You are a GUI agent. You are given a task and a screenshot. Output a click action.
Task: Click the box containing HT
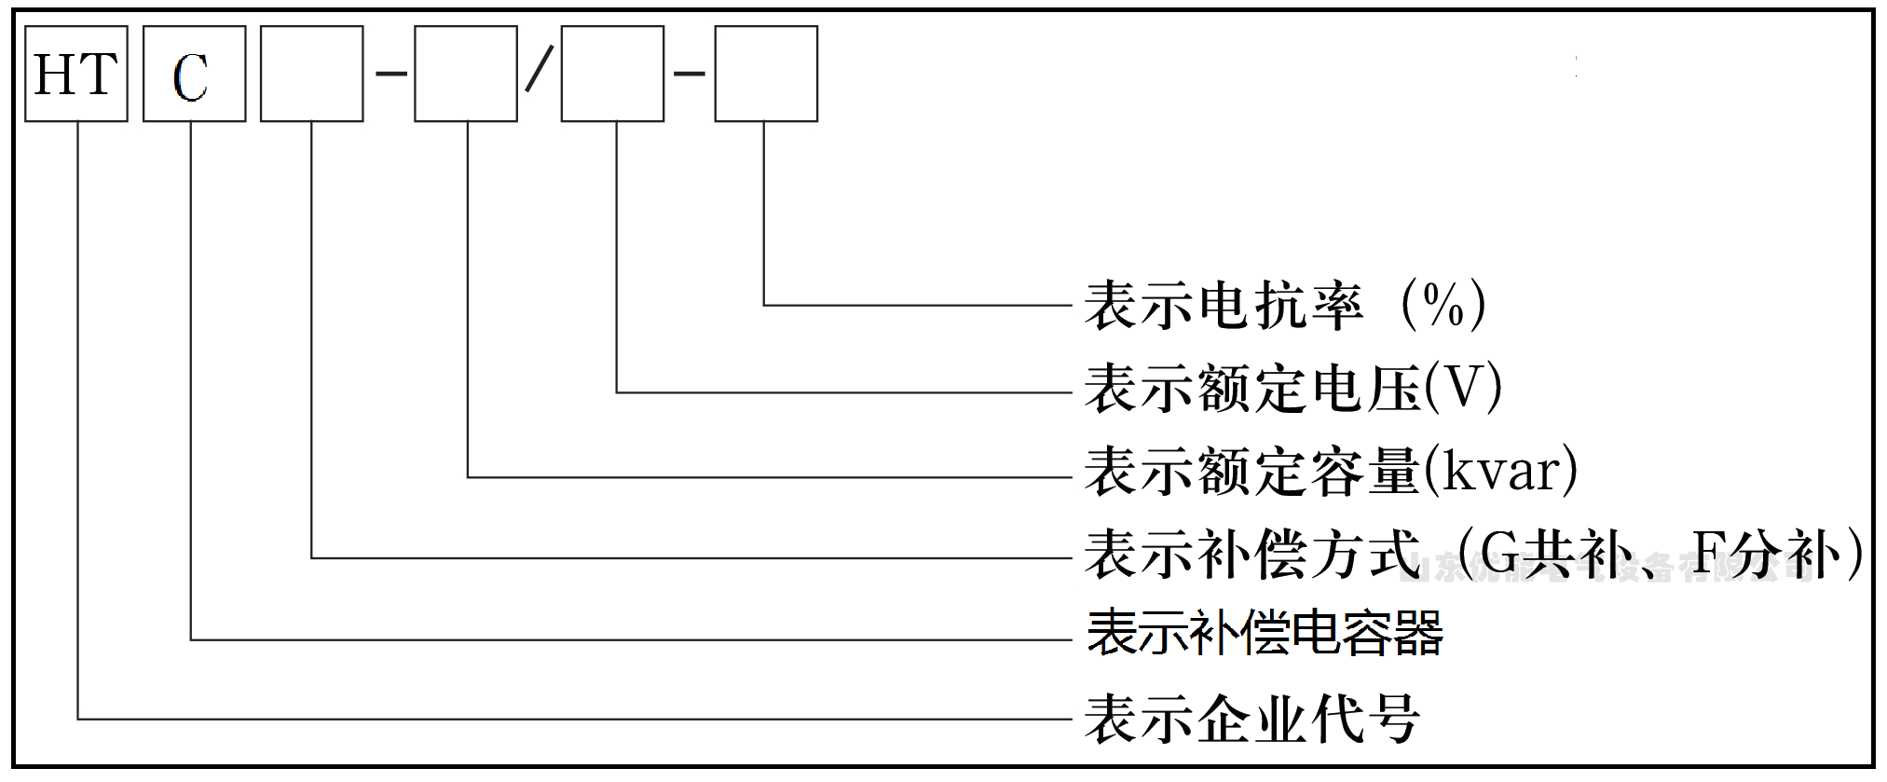[75, 74]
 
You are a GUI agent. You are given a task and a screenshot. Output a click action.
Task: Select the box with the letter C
[194, 74]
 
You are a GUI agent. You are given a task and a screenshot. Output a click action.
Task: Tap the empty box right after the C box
[311, 74]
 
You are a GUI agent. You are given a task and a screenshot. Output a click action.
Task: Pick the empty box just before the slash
[465, 74]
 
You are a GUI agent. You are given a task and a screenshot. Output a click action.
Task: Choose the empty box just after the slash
[612, 74]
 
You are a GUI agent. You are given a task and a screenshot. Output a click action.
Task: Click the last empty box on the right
[766, 74]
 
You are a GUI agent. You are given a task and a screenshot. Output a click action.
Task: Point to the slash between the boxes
[539, 71]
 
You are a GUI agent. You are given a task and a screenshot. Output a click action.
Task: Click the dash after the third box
[391, 71]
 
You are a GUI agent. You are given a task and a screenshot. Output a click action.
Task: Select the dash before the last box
[690, 71]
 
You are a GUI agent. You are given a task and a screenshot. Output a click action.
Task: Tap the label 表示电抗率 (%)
[1284, 305]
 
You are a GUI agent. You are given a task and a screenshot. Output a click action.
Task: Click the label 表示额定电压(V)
[1292, 388]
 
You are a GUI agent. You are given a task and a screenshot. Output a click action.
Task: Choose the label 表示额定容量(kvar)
[1331, 471]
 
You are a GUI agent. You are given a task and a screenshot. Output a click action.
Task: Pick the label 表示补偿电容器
[1265, 633]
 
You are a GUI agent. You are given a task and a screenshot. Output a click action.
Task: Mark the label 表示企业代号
[1251, 719]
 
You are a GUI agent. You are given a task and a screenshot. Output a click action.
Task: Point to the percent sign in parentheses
[1443, 305]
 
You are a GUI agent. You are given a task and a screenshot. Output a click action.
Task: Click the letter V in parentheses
[1462, 388]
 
